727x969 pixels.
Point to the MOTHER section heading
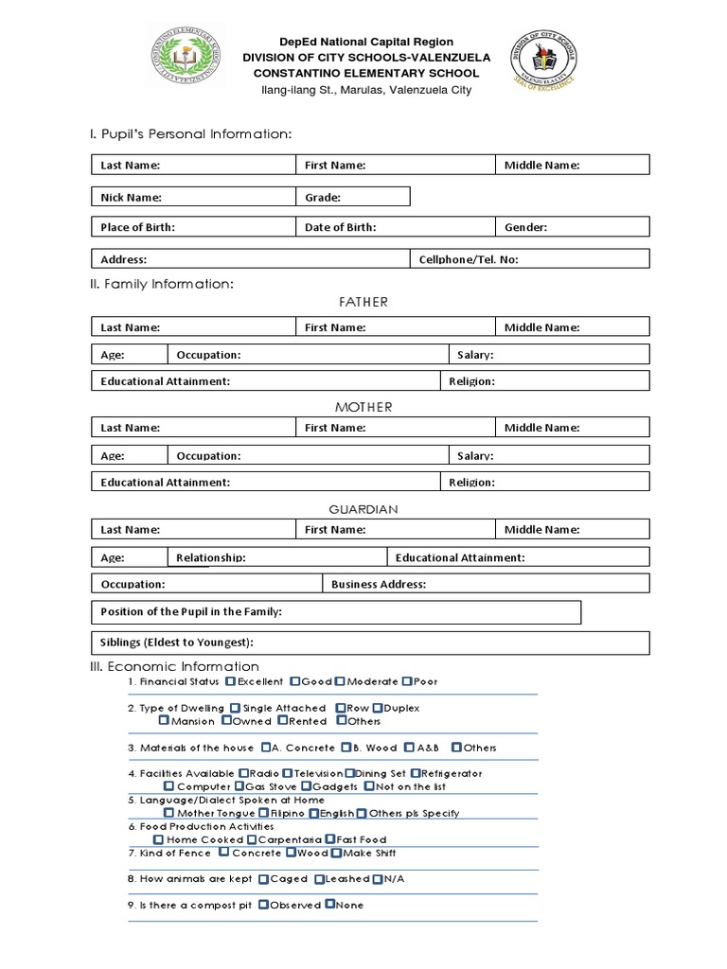pos(363,407)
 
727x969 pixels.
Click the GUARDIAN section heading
pos(363,509)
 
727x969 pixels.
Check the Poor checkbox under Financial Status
pos(406,681)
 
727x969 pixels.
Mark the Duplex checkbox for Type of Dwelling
pos(377,708)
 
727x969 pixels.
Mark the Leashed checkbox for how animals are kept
pos(320,879)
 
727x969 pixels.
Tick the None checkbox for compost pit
pos(329,905)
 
